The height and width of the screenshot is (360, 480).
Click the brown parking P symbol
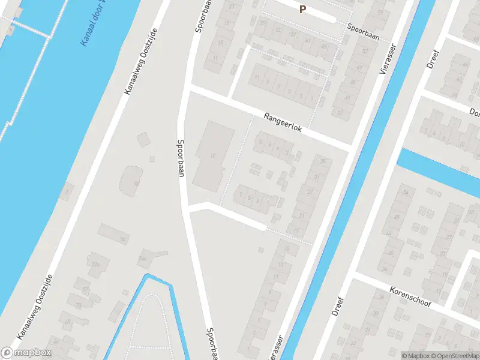tap(302, 9)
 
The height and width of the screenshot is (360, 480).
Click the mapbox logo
tap(26, 353)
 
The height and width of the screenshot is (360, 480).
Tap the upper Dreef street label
tap(433, 59)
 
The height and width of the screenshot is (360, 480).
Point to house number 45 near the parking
tap(324, 46)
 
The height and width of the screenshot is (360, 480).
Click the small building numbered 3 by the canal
tap(67, 191)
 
